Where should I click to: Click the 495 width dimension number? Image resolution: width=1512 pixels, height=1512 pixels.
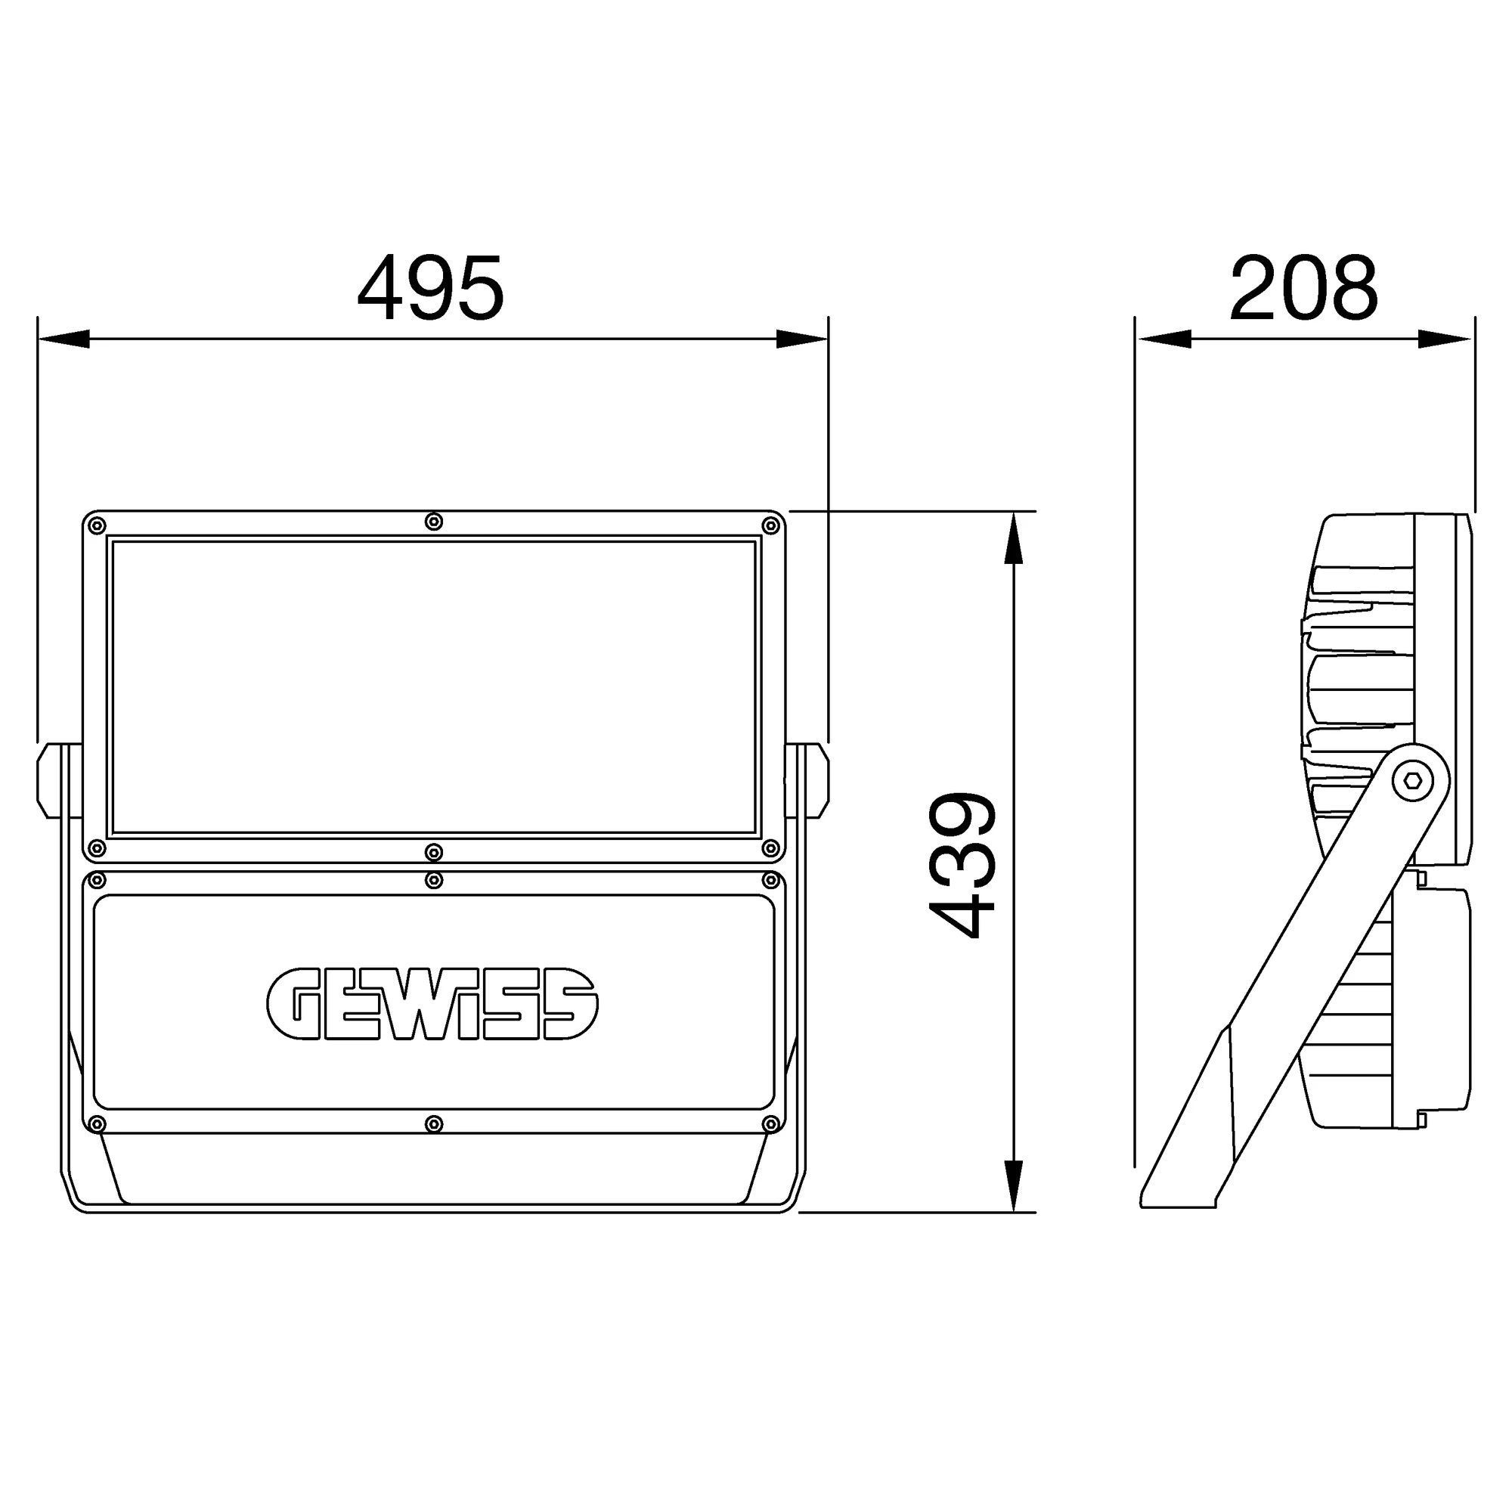[430, 288]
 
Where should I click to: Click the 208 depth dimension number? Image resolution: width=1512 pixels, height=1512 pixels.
[1303, 288]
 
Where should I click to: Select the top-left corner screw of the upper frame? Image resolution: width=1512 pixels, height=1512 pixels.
[96, 525]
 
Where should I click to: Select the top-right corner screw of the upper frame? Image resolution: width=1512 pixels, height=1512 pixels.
[771, 525]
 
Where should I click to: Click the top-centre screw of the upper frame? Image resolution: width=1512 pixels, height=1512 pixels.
[433, 522]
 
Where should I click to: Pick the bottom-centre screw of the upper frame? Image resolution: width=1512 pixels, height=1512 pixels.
[433, 851]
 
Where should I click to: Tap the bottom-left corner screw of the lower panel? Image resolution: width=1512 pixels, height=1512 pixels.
[96, 1125]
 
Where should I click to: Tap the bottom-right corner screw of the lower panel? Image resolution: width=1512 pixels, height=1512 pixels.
[771, 1125]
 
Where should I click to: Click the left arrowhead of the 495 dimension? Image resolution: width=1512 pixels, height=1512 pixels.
[63, 339]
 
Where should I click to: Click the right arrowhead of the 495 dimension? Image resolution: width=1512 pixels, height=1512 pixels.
[802, 339]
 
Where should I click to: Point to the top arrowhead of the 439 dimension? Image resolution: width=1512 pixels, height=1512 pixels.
[1014, 538]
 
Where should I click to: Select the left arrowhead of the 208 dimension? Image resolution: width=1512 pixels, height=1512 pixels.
[1164, 339]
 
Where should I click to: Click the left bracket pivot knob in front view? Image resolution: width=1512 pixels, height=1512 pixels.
[48, 780]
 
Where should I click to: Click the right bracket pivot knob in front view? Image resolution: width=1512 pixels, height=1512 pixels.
[818, 780]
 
